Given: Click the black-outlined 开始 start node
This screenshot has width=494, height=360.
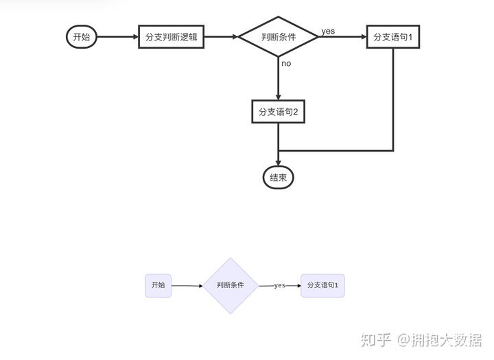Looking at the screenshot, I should [x=81, y=37].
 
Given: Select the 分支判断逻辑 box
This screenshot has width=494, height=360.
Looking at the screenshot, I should [x=172, y=37].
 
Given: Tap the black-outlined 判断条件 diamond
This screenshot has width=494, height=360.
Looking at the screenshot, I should [x=279, y=37].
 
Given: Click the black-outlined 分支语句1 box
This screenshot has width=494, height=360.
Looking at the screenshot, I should [x=393, y=37].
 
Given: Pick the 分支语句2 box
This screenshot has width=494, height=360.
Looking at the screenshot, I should [x=278, y=112].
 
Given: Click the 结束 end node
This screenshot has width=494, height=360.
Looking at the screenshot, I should [x=278, y=178].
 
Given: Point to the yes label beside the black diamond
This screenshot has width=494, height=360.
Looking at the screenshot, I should [x=328, y=31].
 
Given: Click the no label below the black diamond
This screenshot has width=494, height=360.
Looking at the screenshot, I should [x=286, y=63].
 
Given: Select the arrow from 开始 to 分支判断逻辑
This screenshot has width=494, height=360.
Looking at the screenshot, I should [x=117, y=37].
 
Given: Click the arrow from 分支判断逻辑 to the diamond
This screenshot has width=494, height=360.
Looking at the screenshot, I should [x=222, y=37].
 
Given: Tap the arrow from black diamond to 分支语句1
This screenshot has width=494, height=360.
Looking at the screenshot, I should [x=343, y=37].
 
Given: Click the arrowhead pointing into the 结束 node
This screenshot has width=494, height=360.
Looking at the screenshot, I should [x=279, y=161].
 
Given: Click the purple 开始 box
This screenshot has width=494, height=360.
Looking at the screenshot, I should [x=158, y=285].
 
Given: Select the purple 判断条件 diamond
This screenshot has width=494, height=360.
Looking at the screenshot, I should [x=231, y=285].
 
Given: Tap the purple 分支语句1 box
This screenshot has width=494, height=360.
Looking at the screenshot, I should [x=322, y=285].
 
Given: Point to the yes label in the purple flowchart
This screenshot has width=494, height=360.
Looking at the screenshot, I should [x=279, y=285].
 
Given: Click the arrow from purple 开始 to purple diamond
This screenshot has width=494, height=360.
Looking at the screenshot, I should [x=187, y=285].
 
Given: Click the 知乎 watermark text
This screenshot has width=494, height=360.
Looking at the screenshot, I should [x=376, y=339].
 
